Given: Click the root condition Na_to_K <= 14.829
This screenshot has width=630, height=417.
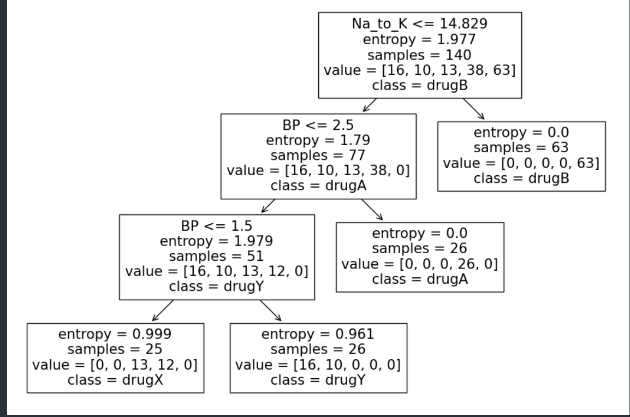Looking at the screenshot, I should pyautogui.click(x=420, y=24).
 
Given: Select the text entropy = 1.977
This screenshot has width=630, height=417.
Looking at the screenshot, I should pyautogui.click(x=420, y=39).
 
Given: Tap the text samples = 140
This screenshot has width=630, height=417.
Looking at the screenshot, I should pyautogui.click(x=420, y=55).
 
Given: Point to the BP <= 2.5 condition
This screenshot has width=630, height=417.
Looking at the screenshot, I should pyautogui.click(x=318, y=125).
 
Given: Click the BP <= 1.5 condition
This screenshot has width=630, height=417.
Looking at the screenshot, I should pyautogui.click(x=217, y=226).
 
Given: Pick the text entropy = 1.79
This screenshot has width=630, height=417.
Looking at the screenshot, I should pyautogui.click(x=318, y=140).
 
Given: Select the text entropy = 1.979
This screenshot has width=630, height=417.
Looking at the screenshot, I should pyautogui.click(x=217, y=241).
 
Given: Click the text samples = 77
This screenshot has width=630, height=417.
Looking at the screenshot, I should pyautogui.click(x=318, y=156).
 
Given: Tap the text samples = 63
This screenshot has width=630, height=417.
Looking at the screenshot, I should pyautogui.click(x=521, y=148).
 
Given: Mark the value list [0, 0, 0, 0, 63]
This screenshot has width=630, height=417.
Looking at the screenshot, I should pyautogui.click(x=521, y=163).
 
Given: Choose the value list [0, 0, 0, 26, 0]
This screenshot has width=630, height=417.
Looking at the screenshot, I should pyautogui.click(x=419, y=264).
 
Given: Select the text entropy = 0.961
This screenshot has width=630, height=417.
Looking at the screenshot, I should pyautogui.click(x=318, y=334).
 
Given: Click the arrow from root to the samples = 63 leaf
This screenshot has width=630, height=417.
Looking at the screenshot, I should pyautogui.click(x=473, y=109).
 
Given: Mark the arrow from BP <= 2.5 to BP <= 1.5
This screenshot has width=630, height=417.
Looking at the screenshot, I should pyautogui.click(x=268, y=206).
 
